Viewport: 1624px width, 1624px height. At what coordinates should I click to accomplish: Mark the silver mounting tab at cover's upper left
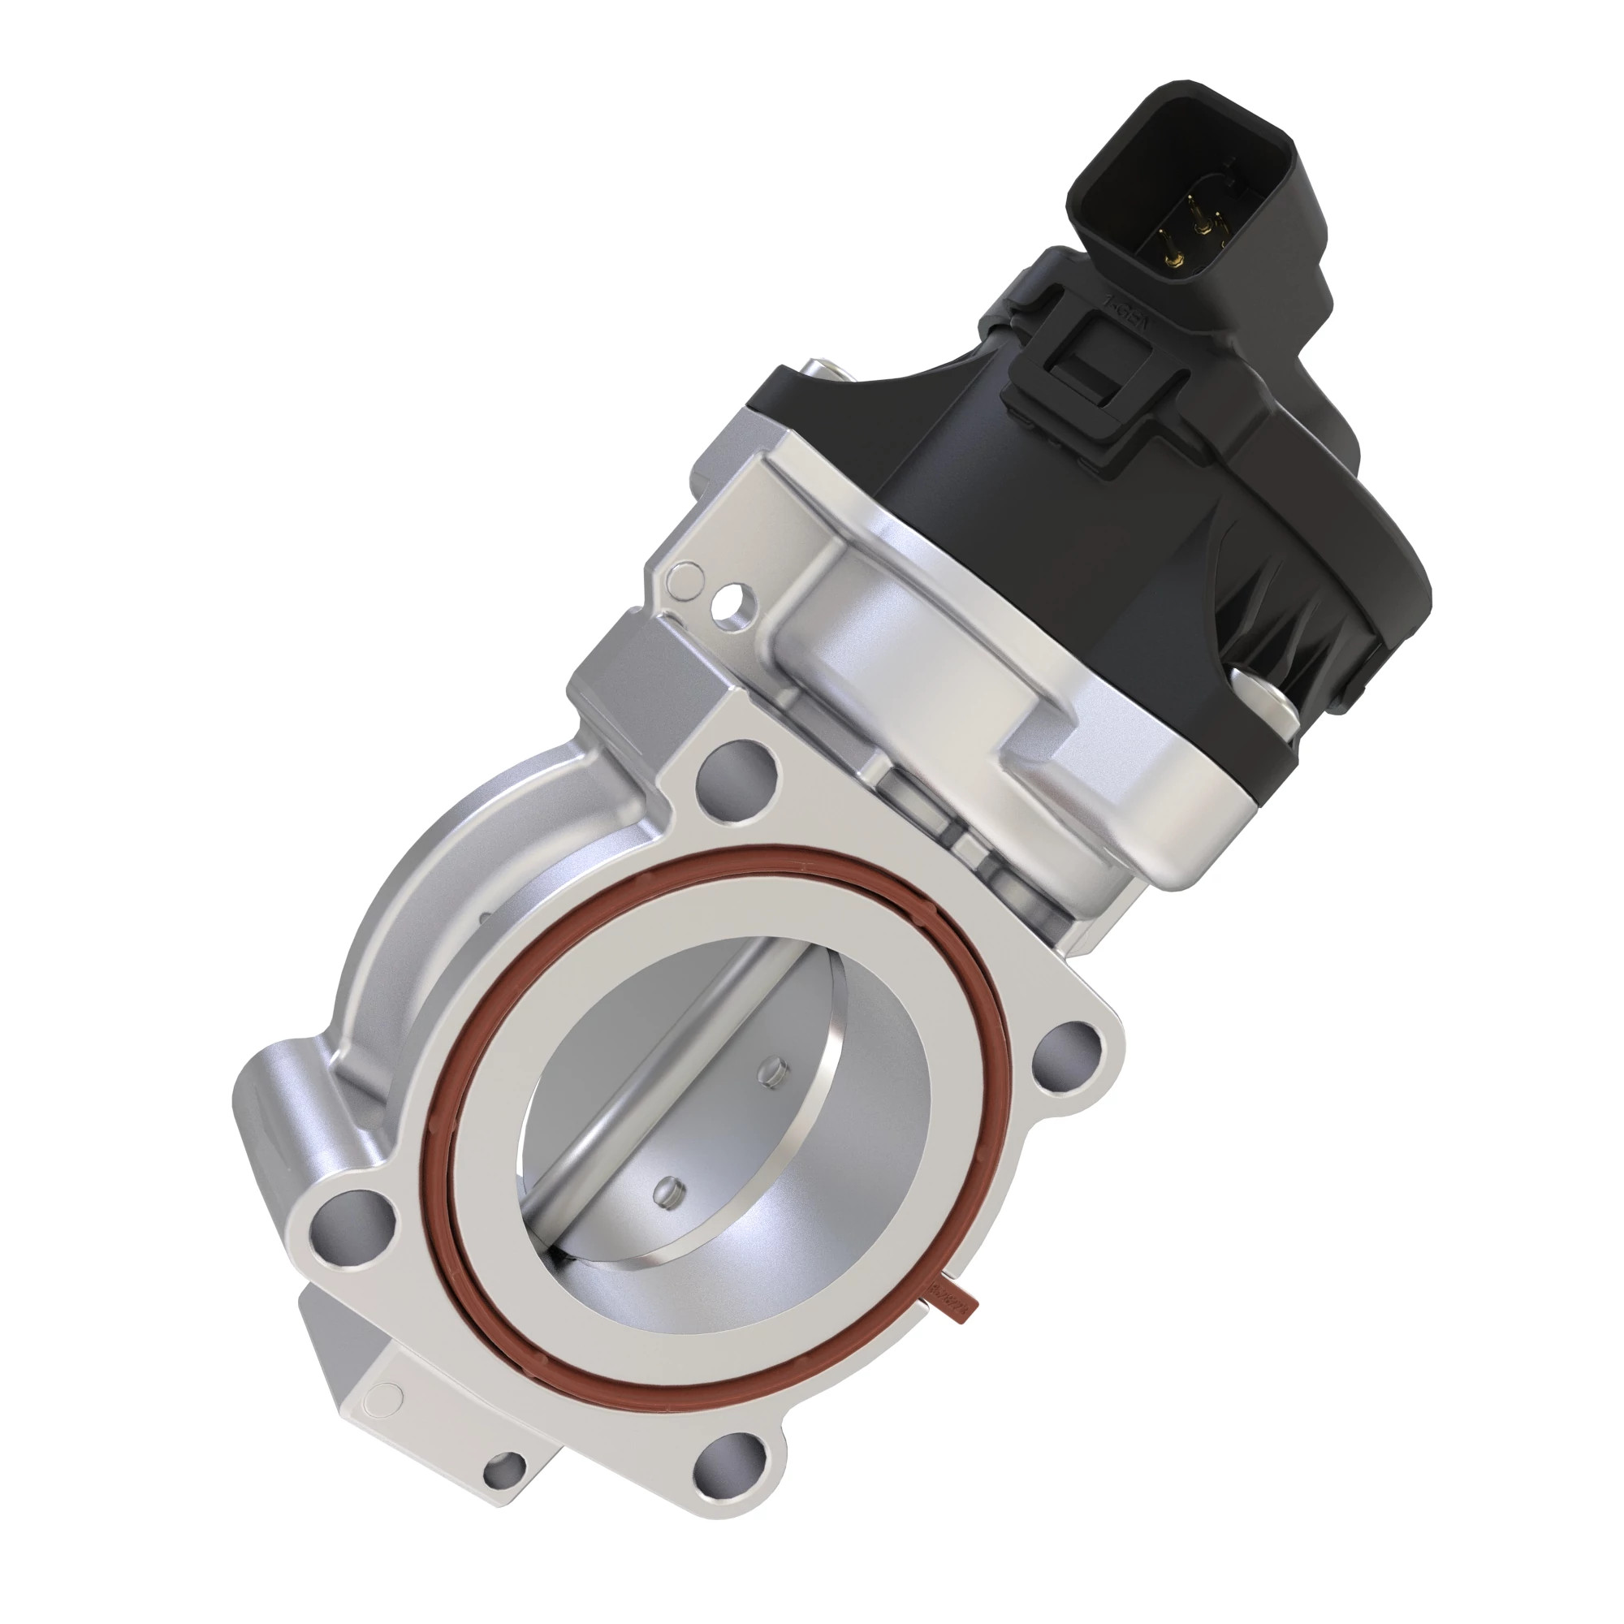point(818,374)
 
